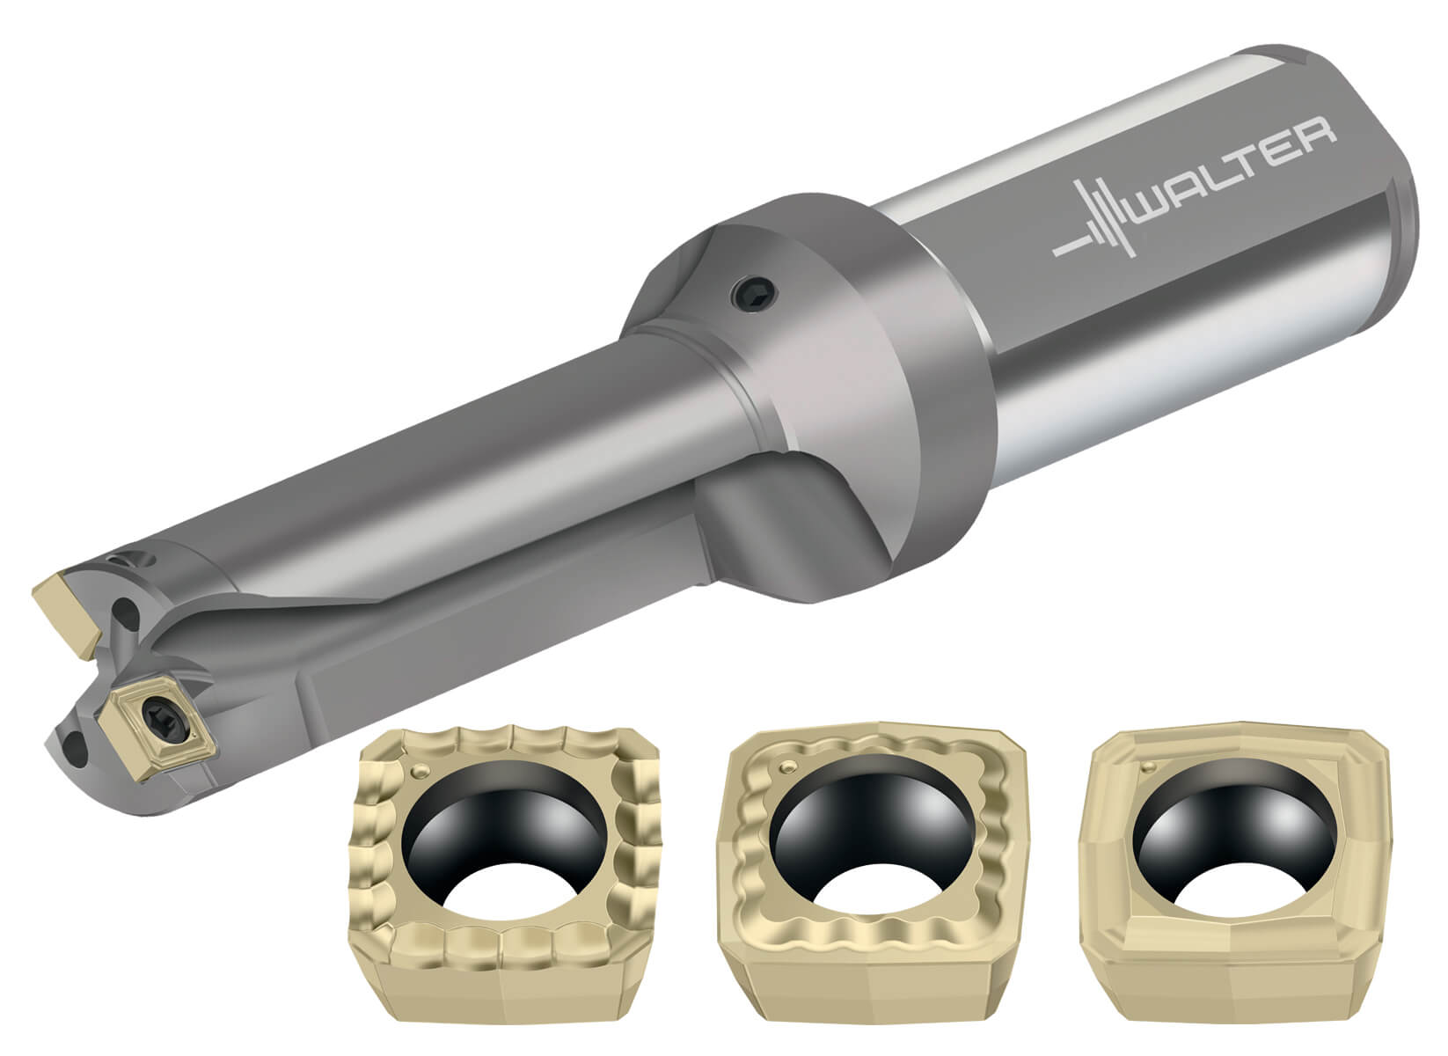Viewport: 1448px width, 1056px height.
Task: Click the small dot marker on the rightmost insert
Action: (1147, 766)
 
